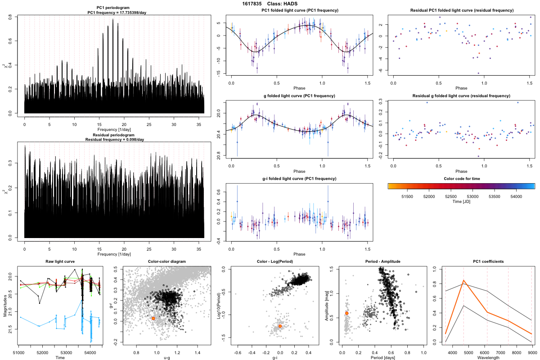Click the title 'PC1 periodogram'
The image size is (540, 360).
pyautogui.click(x=114, y=8)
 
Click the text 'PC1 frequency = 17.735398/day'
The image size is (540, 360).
pyautogui.click(x=114, y=13)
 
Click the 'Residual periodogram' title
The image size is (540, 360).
pyautogui.click(x=114, y=135)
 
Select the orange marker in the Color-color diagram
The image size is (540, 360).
pyautogui.click(x=153, y=318)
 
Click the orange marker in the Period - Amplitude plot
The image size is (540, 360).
pyautogui.click(x=346, y=313)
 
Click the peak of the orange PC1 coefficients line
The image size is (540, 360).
pyautogui.click(x=463, y=281)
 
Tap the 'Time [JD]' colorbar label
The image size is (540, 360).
pyautogui.click(x=461, y=202)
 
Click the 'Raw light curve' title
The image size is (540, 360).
pyautogui.click(x=60, y=262)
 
